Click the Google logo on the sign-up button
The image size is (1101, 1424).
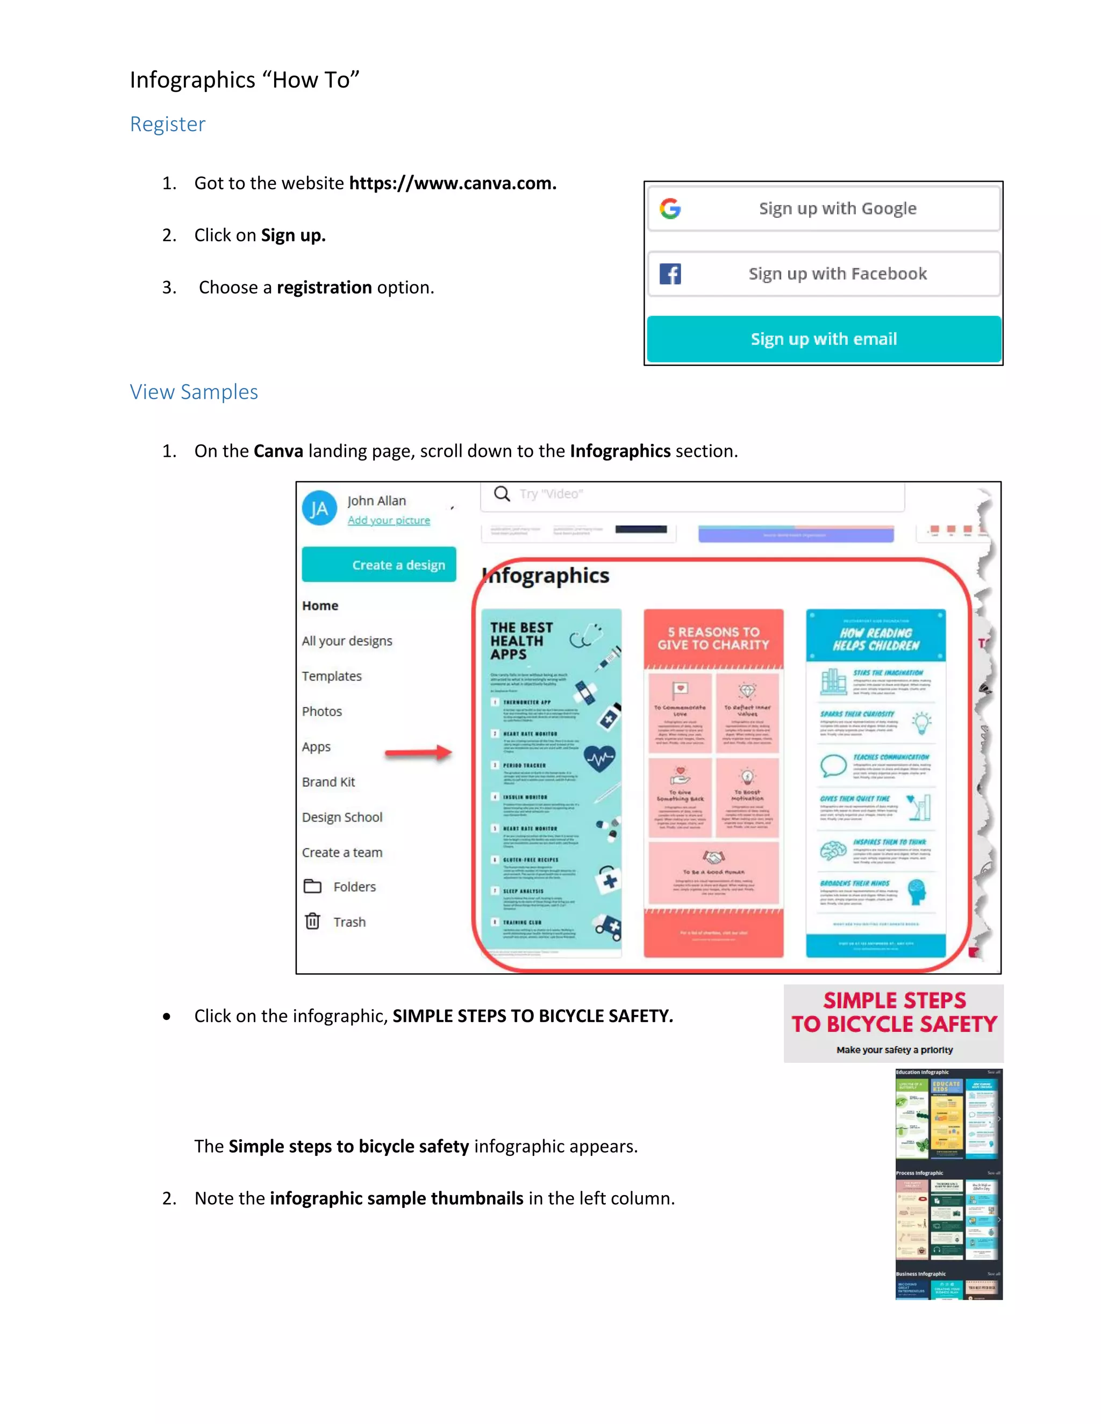coord(670,208)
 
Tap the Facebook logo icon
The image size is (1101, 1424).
coord(670,274)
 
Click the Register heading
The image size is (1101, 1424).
coord(168,124)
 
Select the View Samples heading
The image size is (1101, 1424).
coord(194,392)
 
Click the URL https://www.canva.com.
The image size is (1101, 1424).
coord(453,183)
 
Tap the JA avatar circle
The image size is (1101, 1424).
coord(319,508)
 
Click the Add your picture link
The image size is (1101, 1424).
coord(389,520)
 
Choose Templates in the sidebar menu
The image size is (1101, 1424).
coord(331,676)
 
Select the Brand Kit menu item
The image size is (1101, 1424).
coord(328,782)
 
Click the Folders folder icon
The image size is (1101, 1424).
coord(312,886)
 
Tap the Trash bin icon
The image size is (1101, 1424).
coord(312,921)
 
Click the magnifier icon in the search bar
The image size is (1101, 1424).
coord(502,494)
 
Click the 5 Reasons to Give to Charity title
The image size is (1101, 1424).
coord(713,638)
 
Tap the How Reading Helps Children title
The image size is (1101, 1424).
coord(875,639)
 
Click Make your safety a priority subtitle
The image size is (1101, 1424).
coord(894,1050)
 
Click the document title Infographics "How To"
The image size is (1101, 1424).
coord(245,80)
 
